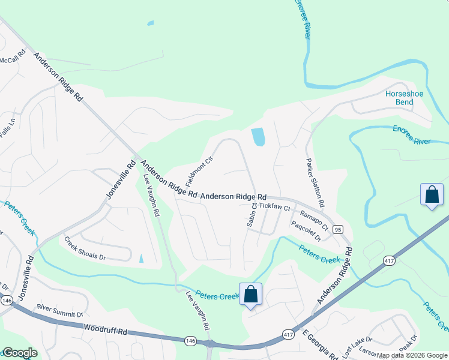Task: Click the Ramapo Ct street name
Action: pos(313,220)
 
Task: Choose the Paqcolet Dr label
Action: pos(306,231)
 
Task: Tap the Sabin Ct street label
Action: pos(252,214)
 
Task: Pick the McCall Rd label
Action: pos(12,60)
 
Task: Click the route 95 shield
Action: pos(338,229)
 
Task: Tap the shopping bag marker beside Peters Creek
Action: pos(250,295)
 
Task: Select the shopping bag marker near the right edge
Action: pos(432,194)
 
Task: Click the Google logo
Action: pos(20,353)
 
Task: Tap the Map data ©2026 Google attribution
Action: pos(412,355)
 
